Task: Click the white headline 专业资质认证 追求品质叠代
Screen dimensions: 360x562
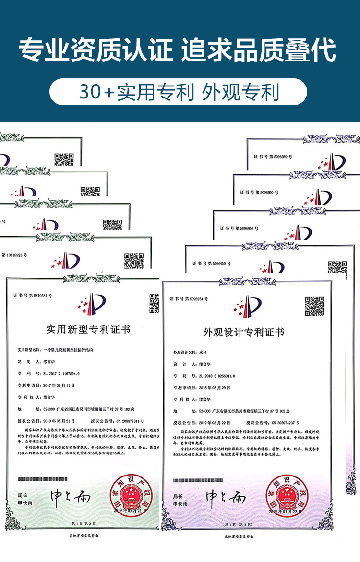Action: (x=178, y=51)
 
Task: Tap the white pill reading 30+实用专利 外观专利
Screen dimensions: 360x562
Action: (x=179, y=92)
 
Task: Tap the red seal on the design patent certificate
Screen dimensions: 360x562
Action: (x=285, y=495)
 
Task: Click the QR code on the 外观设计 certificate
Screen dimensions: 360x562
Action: (x=314, y=306)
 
